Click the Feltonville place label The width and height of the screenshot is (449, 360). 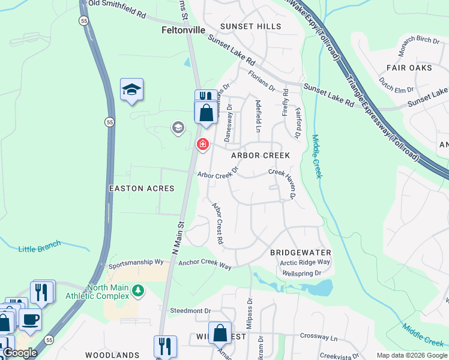[x=184, y=29]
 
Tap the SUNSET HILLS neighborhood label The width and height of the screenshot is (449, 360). [x=250, y=26]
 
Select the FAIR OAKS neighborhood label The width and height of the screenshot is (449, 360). [x=409, y=68]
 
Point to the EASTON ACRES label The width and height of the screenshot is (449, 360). [x=141, y=188]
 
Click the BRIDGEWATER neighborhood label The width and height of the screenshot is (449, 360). [x=300, y=253]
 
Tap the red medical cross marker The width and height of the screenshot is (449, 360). [x=203, y=144]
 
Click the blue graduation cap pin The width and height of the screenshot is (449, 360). [x=131, y=91]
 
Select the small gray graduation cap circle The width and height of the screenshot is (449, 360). [x=177, y=127]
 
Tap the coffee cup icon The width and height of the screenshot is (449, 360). [x=29, y=319]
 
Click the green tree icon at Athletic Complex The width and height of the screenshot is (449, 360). [x=138, y=291]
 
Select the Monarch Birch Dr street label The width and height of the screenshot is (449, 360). [x=418, y=40]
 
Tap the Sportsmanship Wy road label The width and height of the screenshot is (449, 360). [x=136, y=263]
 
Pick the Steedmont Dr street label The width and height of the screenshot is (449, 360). [x=190, y=311]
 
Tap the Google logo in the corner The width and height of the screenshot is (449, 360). [x=19, y=353]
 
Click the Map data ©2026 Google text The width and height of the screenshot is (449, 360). [x=411, y=355]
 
